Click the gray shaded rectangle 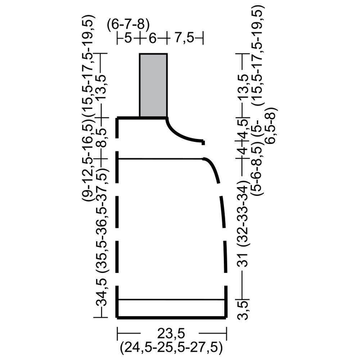click(153, 85)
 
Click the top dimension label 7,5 click(184, 38)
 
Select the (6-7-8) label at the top click(129, 24)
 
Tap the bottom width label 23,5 click(171, 333)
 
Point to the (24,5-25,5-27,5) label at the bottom click(171, 348)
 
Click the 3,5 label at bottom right click(243, 311)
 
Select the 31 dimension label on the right click(243, 260)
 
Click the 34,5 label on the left click(101, 293)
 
